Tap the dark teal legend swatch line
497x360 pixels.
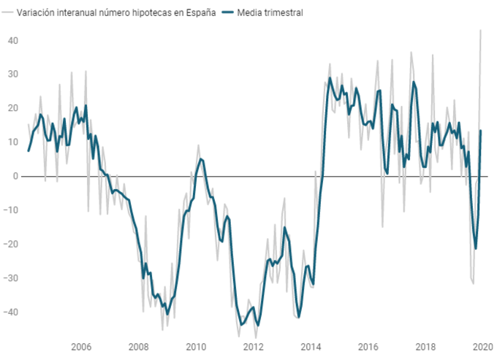[x=229, y=13]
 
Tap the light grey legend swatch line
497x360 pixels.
[x=7, y=13]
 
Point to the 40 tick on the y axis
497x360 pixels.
[x=12, y=40]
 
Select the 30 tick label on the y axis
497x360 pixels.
[x=12, y=74]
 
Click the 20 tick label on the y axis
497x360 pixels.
[x=12, y=108]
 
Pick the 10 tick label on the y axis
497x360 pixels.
[x=12, y=142]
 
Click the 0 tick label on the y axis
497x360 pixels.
[x=15, y=176]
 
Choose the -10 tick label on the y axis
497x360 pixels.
[x=11, y=210]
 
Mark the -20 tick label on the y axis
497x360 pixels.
[x=11, y=244]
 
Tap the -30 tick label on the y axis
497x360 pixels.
[x=11, y=278]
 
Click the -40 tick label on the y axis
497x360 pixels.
[x=11, y=312]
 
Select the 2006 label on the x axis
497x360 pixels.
[x=80, y=347]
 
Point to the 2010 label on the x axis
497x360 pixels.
[x=195, y=347]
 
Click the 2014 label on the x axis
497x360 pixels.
[x=311, y=347]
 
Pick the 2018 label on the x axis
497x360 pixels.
[x=425, y=347]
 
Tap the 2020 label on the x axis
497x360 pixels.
[x=482, y=347]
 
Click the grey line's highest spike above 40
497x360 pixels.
[x=481, y=31]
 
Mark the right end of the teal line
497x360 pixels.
[x=481, y=131]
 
